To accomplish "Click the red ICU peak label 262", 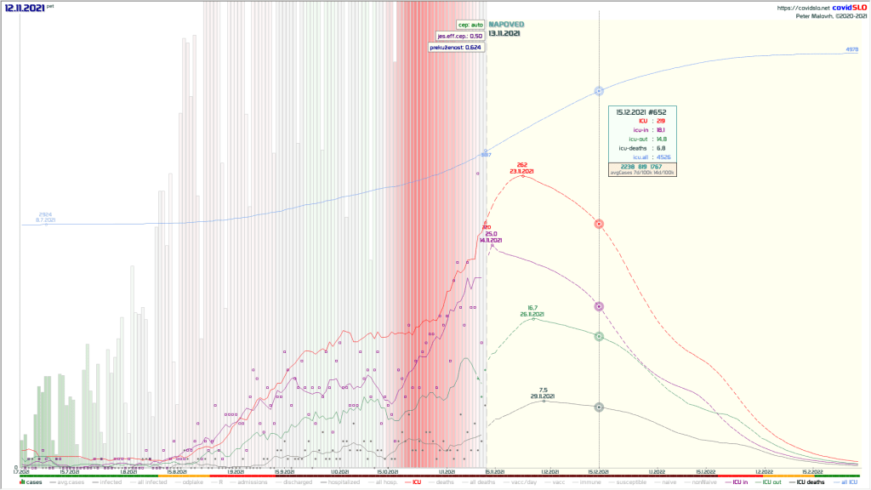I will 523,165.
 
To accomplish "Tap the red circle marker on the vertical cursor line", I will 599,224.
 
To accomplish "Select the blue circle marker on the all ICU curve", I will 599,90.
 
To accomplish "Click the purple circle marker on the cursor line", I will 599,305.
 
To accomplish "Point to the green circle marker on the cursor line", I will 599,336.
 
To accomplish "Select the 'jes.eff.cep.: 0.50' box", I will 460,36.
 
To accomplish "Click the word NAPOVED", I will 505,25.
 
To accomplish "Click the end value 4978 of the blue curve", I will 851,50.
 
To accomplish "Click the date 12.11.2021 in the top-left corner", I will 22,7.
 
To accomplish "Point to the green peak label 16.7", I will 532,308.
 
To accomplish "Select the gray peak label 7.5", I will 544,390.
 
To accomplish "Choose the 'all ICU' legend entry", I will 847,482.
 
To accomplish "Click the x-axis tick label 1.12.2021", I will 549,470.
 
